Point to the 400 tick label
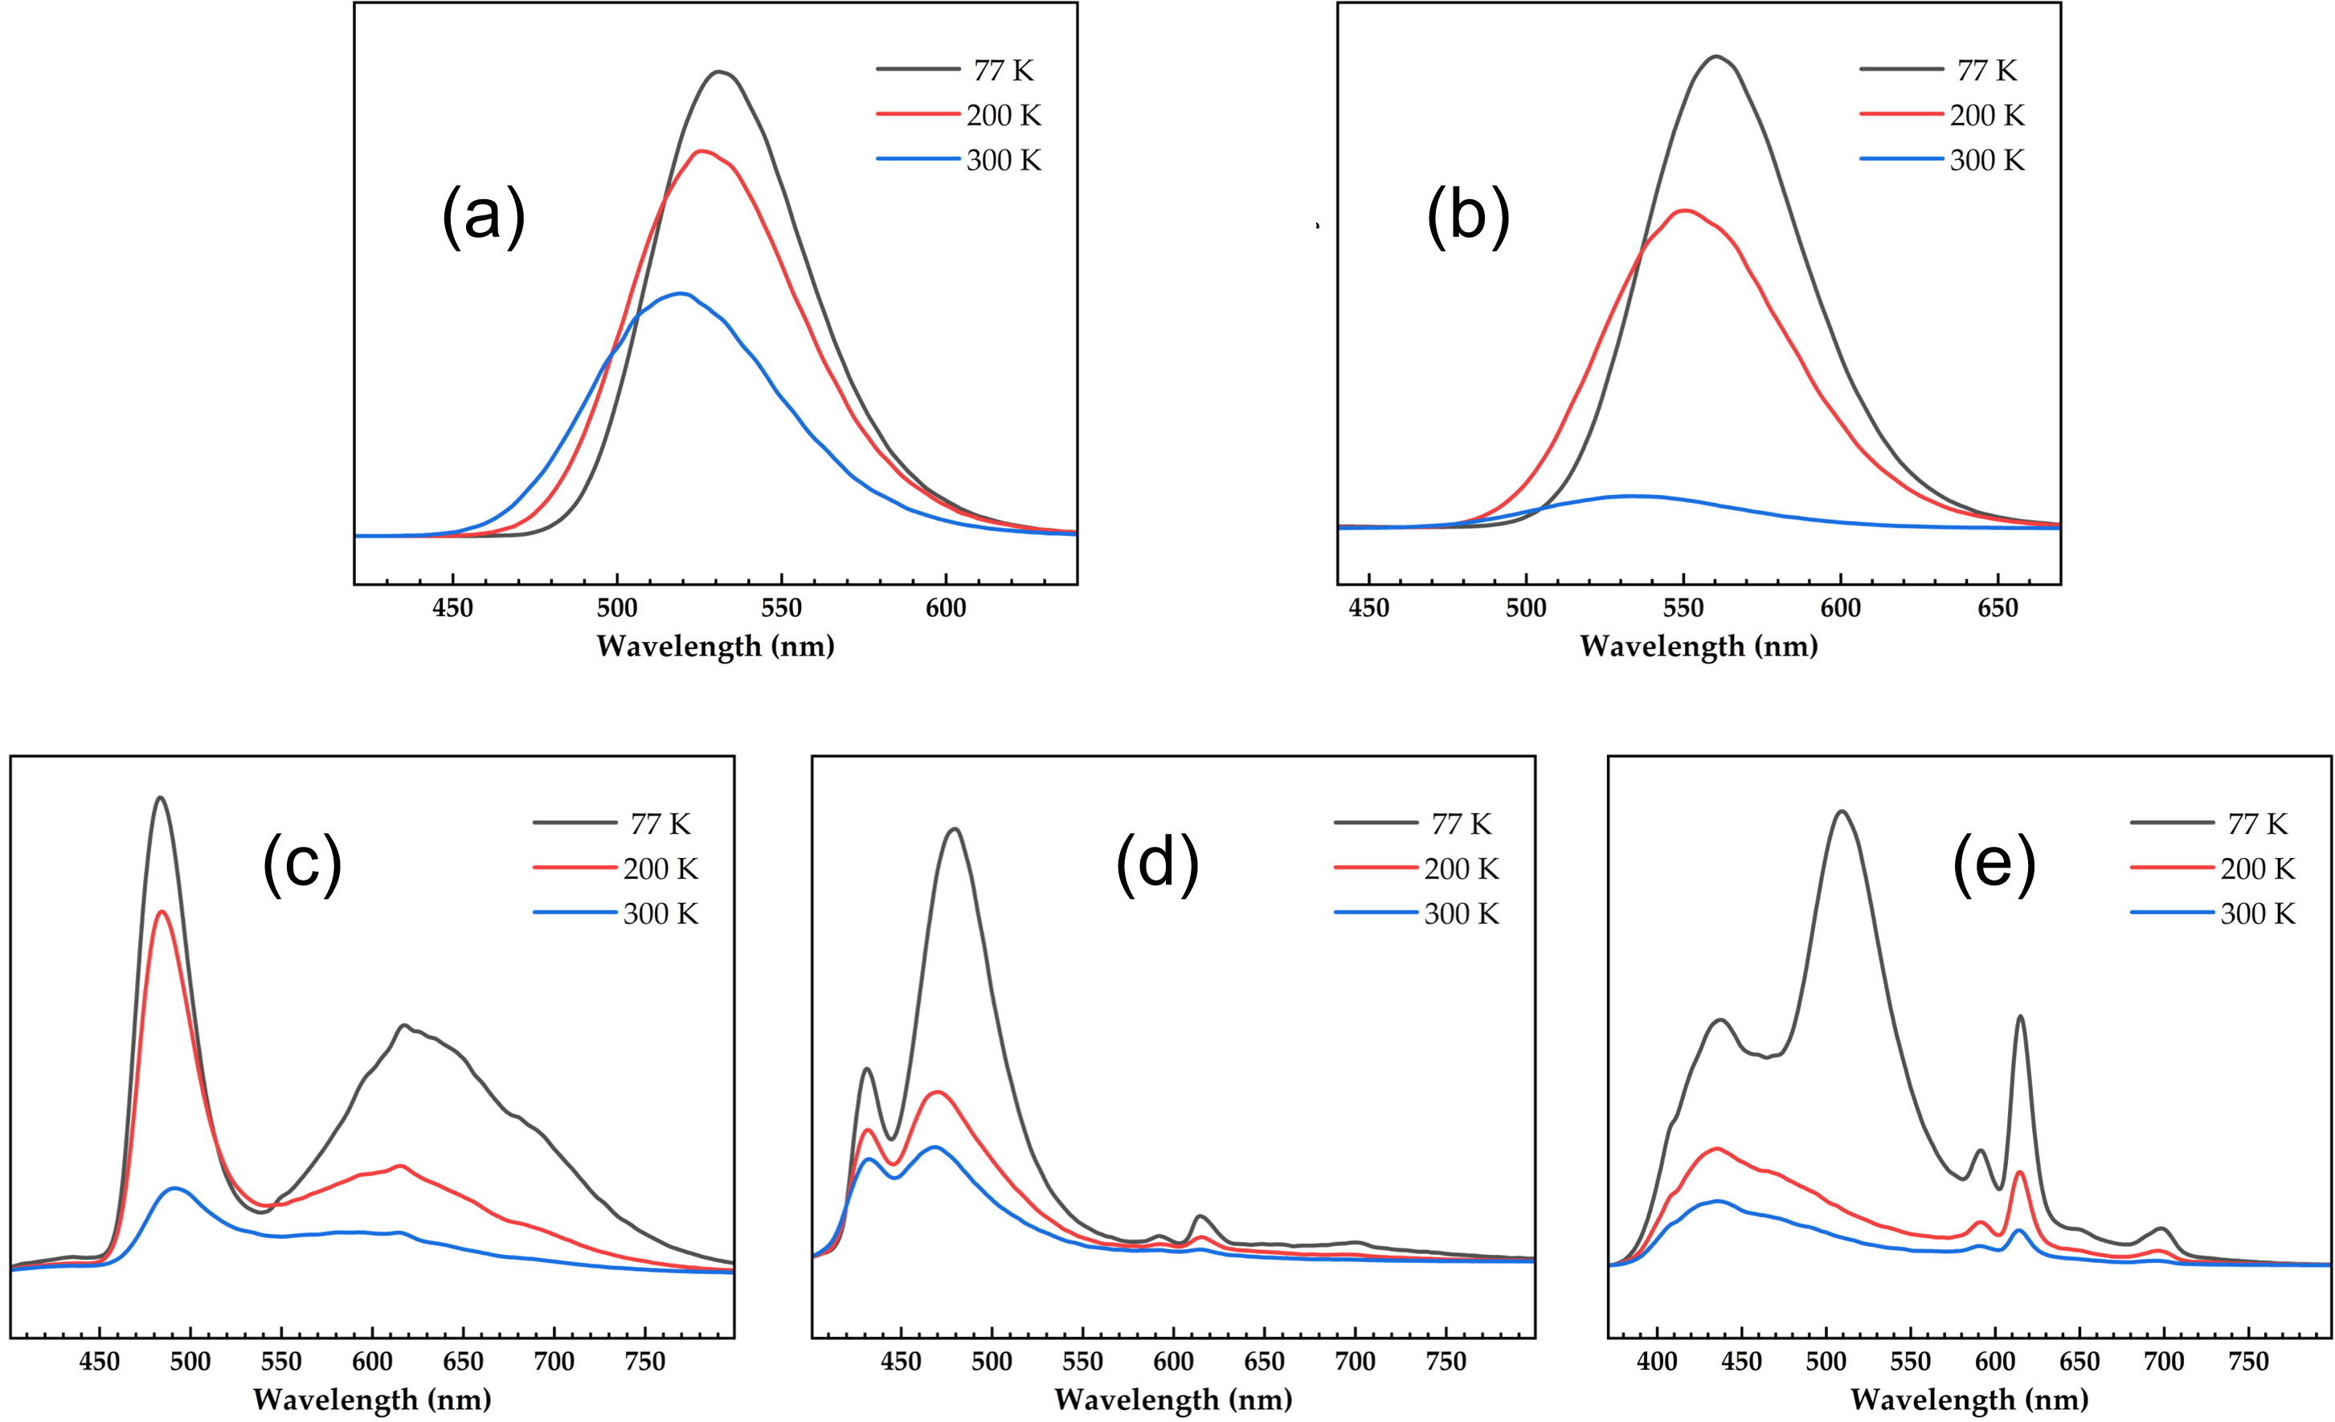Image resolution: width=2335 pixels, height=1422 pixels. (1657, 1362)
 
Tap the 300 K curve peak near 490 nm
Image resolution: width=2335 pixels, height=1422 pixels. (178, 1188)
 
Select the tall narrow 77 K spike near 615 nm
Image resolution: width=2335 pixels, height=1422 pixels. (2019, 1016)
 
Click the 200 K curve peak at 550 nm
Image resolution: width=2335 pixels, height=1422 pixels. (1685, 211)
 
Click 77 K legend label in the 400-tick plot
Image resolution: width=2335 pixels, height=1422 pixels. (2258, 824)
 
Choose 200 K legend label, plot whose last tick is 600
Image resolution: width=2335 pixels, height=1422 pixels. (1004, 116)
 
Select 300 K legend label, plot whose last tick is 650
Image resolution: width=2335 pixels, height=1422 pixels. (1987, 161)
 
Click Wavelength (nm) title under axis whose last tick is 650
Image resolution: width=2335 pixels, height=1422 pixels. (1699, 647)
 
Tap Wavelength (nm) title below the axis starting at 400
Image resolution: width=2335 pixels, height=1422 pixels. (1969, 1400)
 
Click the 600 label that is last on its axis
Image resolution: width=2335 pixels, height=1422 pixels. (947, 608)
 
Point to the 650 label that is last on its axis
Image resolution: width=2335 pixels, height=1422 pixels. (1998, 608)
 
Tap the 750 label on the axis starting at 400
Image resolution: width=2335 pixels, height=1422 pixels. (2247, 1362)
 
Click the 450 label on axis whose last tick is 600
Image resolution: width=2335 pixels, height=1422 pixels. (453, 608)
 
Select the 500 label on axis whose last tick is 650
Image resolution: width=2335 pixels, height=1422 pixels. (1526, 608)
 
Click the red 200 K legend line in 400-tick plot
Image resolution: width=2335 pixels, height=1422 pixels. (2171, 868)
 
